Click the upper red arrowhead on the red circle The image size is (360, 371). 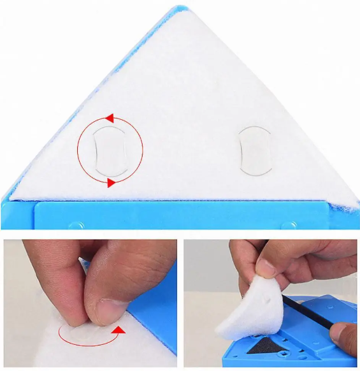coord(109,118)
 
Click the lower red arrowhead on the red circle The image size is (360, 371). coord(111,183)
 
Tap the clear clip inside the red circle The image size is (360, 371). coord(110,150)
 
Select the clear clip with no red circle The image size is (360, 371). coord(254,150)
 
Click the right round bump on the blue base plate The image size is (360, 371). coord(291,225)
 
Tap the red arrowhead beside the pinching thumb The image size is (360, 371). coord(117,330)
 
